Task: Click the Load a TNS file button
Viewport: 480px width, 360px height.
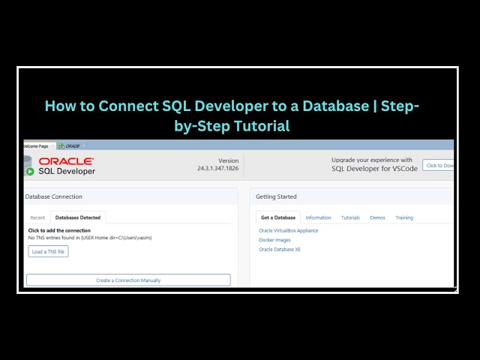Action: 48,252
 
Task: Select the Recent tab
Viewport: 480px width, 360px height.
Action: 37,217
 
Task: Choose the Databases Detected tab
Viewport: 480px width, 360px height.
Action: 79,217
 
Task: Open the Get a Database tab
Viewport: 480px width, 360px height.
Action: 278,217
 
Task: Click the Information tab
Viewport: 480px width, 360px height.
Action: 318,217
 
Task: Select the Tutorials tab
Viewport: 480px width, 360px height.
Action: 350,217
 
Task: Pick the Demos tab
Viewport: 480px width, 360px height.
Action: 377,217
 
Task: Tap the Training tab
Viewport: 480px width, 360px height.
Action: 404,217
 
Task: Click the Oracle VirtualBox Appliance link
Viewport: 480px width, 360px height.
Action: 289,230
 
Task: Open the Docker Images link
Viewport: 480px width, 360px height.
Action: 275,240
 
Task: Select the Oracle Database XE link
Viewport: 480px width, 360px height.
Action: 280,249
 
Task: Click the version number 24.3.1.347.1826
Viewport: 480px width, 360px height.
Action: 217,168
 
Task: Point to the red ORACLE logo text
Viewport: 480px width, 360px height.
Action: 66,161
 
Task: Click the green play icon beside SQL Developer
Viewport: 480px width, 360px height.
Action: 30,171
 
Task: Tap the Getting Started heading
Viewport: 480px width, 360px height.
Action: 276,196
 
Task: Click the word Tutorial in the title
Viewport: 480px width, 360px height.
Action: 262,126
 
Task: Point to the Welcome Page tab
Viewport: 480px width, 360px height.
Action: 36,145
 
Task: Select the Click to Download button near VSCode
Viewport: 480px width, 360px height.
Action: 439,165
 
